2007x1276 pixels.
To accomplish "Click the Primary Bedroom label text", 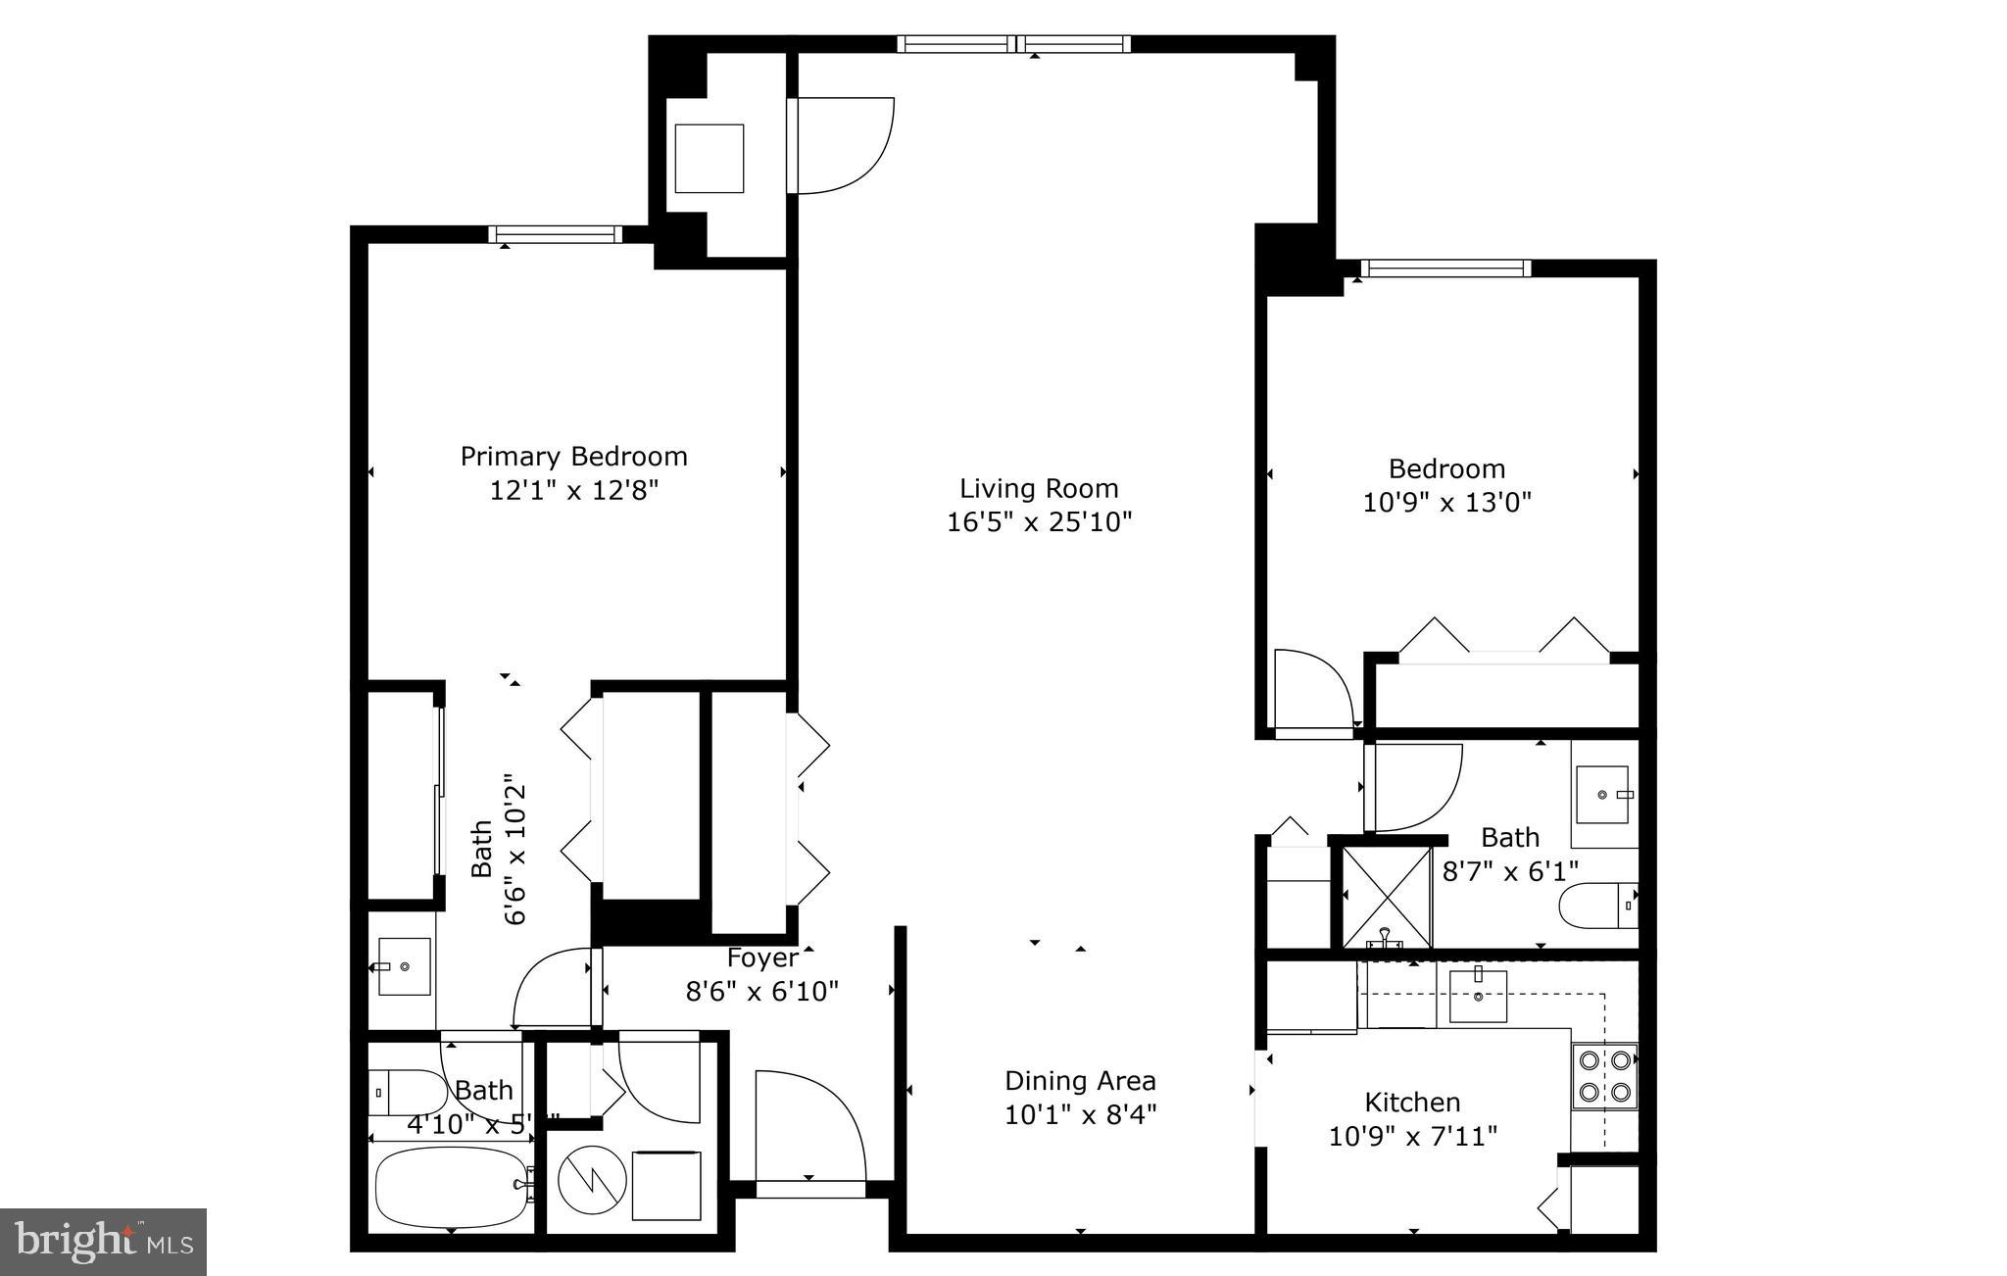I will pyautogui.click(x=573, y=457).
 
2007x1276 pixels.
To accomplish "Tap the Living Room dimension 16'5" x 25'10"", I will pyautogui.click(x=1039, y=521).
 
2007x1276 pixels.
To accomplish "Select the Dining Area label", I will pyautogui.click(x=1080, y=1081).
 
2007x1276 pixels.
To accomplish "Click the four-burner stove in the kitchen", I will pyautogui.click(x=1604, y=1075).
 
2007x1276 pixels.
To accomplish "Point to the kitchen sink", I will pyautogui.click(x=1477, y=995).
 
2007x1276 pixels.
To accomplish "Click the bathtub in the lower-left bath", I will pyautogui.click(x=452, y=1187).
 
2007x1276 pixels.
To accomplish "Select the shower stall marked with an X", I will pyautogui.click(x=1386, y=896).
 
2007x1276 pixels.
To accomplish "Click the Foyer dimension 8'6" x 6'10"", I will pyautogui.click(x=761, y=992).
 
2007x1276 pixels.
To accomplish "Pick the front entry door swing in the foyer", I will pyautogui.click(x=808, y=1127).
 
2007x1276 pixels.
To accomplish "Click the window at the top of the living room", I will pyautogui.click(x=1013, y=43).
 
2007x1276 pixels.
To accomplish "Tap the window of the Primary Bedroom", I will pyautogui.click(x=556, y=234).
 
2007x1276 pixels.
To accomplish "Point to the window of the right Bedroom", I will pyautogui.click(x=1444, y=269).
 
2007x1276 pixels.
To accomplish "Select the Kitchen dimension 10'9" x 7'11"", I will pyautogui.click(x=1412, y=1137).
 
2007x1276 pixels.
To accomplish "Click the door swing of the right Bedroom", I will pyautogui.click(x=1313, y=691).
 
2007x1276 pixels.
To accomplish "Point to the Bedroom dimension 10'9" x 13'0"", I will pyautogui.click(x=1446, y=503).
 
